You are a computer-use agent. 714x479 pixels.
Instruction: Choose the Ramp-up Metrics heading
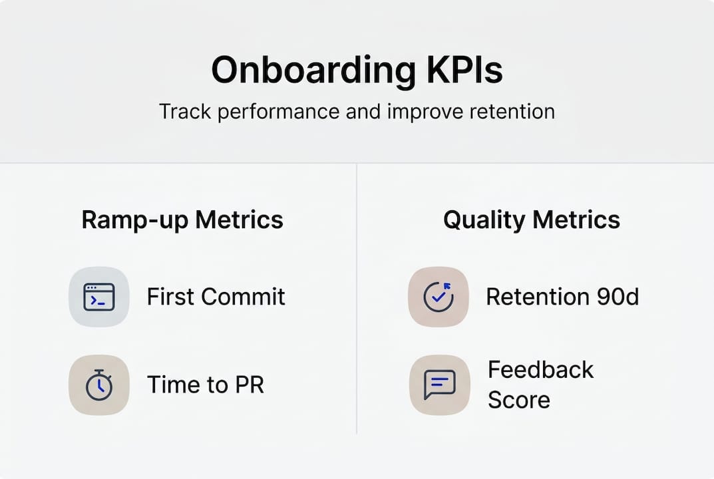182,220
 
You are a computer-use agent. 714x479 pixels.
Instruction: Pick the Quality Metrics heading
531,220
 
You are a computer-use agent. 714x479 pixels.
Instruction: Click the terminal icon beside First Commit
99,297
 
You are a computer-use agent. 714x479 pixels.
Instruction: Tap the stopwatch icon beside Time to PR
99,385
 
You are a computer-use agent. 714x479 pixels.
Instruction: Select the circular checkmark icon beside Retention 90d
439,297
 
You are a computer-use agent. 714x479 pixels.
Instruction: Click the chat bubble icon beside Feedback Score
439,385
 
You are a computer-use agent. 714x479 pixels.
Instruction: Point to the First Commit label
216,297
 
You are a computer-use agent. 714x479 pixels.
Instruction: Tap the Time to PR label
205,385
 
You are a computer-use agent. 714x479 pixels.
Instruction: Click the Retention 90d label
562,297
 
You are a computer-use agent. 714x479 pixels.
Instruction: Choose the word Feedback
540,370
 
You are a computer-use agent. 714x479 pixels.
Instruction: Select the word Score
518,400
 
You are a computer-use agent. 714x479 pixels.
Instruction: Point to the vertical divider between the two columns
357,299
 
